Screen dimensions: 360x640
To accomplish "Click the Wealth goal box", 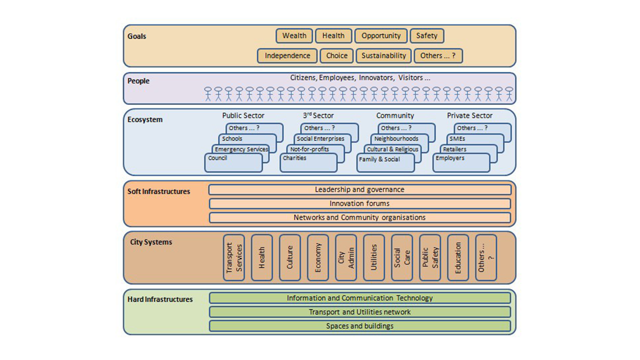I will pos(294,36).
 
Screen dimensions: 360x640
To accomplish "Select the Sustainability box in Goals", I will pos(383,55).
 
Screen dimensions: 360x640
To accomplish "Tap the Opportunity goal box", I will pos(381,36).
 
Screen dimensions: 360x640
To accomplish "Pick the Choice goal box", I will pos(336,55).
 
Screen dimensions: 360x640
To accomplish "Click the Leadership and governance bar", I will pos(359,190).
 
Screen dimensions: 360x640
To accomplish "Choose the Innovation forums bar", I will pos(359,203).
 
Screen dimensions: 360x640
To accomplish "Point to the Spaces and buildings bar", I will pos(359,326).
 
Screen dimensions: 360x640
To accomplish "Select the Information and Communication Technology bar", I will pos(359,298).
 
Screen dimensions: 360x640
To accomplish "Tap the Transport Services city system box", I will pos(234,257).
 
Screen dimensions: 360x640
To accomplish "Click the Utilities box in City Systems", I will pos(374,257).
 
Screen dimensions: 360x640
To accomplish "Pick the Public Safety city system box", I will pos(430,257).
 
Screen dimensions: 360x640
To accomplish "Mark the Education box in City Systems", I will pos(458,257).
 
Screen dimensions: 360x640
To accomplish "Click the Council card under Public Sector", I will pos(233,163).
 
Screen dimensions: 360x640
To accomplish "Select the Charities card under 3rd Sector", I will pos(306,163).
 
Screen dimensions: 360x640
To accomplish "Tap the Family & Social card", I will pos(385,163).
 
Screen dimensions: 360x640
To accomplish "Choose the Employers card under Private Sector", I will pos(461,163).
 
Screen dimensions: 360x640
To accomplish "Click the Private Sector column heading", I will pos(469,115).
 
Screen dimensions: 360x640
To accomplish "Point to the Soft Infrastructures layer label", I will pos(158,191).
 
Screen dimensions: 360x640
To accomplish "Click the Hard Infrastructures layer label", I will pos(160,299).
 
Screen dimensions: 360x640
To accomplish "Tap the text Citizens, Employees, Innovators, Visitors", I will pos(360,78).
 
